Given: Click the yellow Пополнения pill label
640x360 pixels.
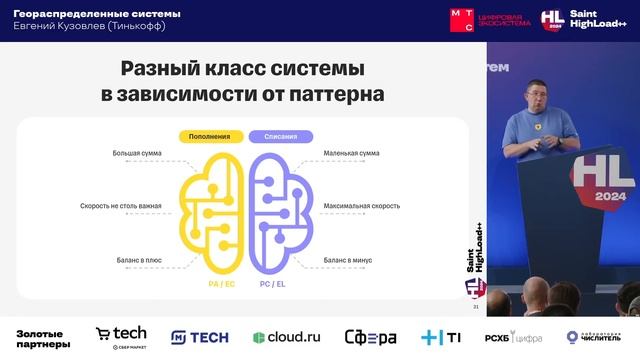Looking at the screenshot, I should [210, 136].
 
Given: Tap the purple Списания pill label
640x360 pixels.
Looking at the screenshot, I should [280, 136].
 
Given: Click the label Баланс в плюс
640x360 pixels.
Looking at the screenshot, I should [138, 260].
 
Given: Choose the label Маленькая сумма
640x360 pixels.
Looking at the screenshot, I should [351, 154].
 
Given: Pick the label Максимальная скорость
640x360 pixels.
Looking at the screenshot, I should [361, 206].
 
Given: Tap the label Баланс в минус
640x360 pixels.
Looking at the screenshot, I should [347, 260].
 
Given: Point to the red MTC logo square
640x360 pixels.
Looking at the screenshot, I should [462, 20].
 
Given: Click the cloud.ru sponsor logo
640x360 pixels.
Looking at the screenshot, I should [286, 337].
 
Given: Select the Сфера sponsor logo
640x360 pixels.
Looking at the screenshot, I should [370, 337].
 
